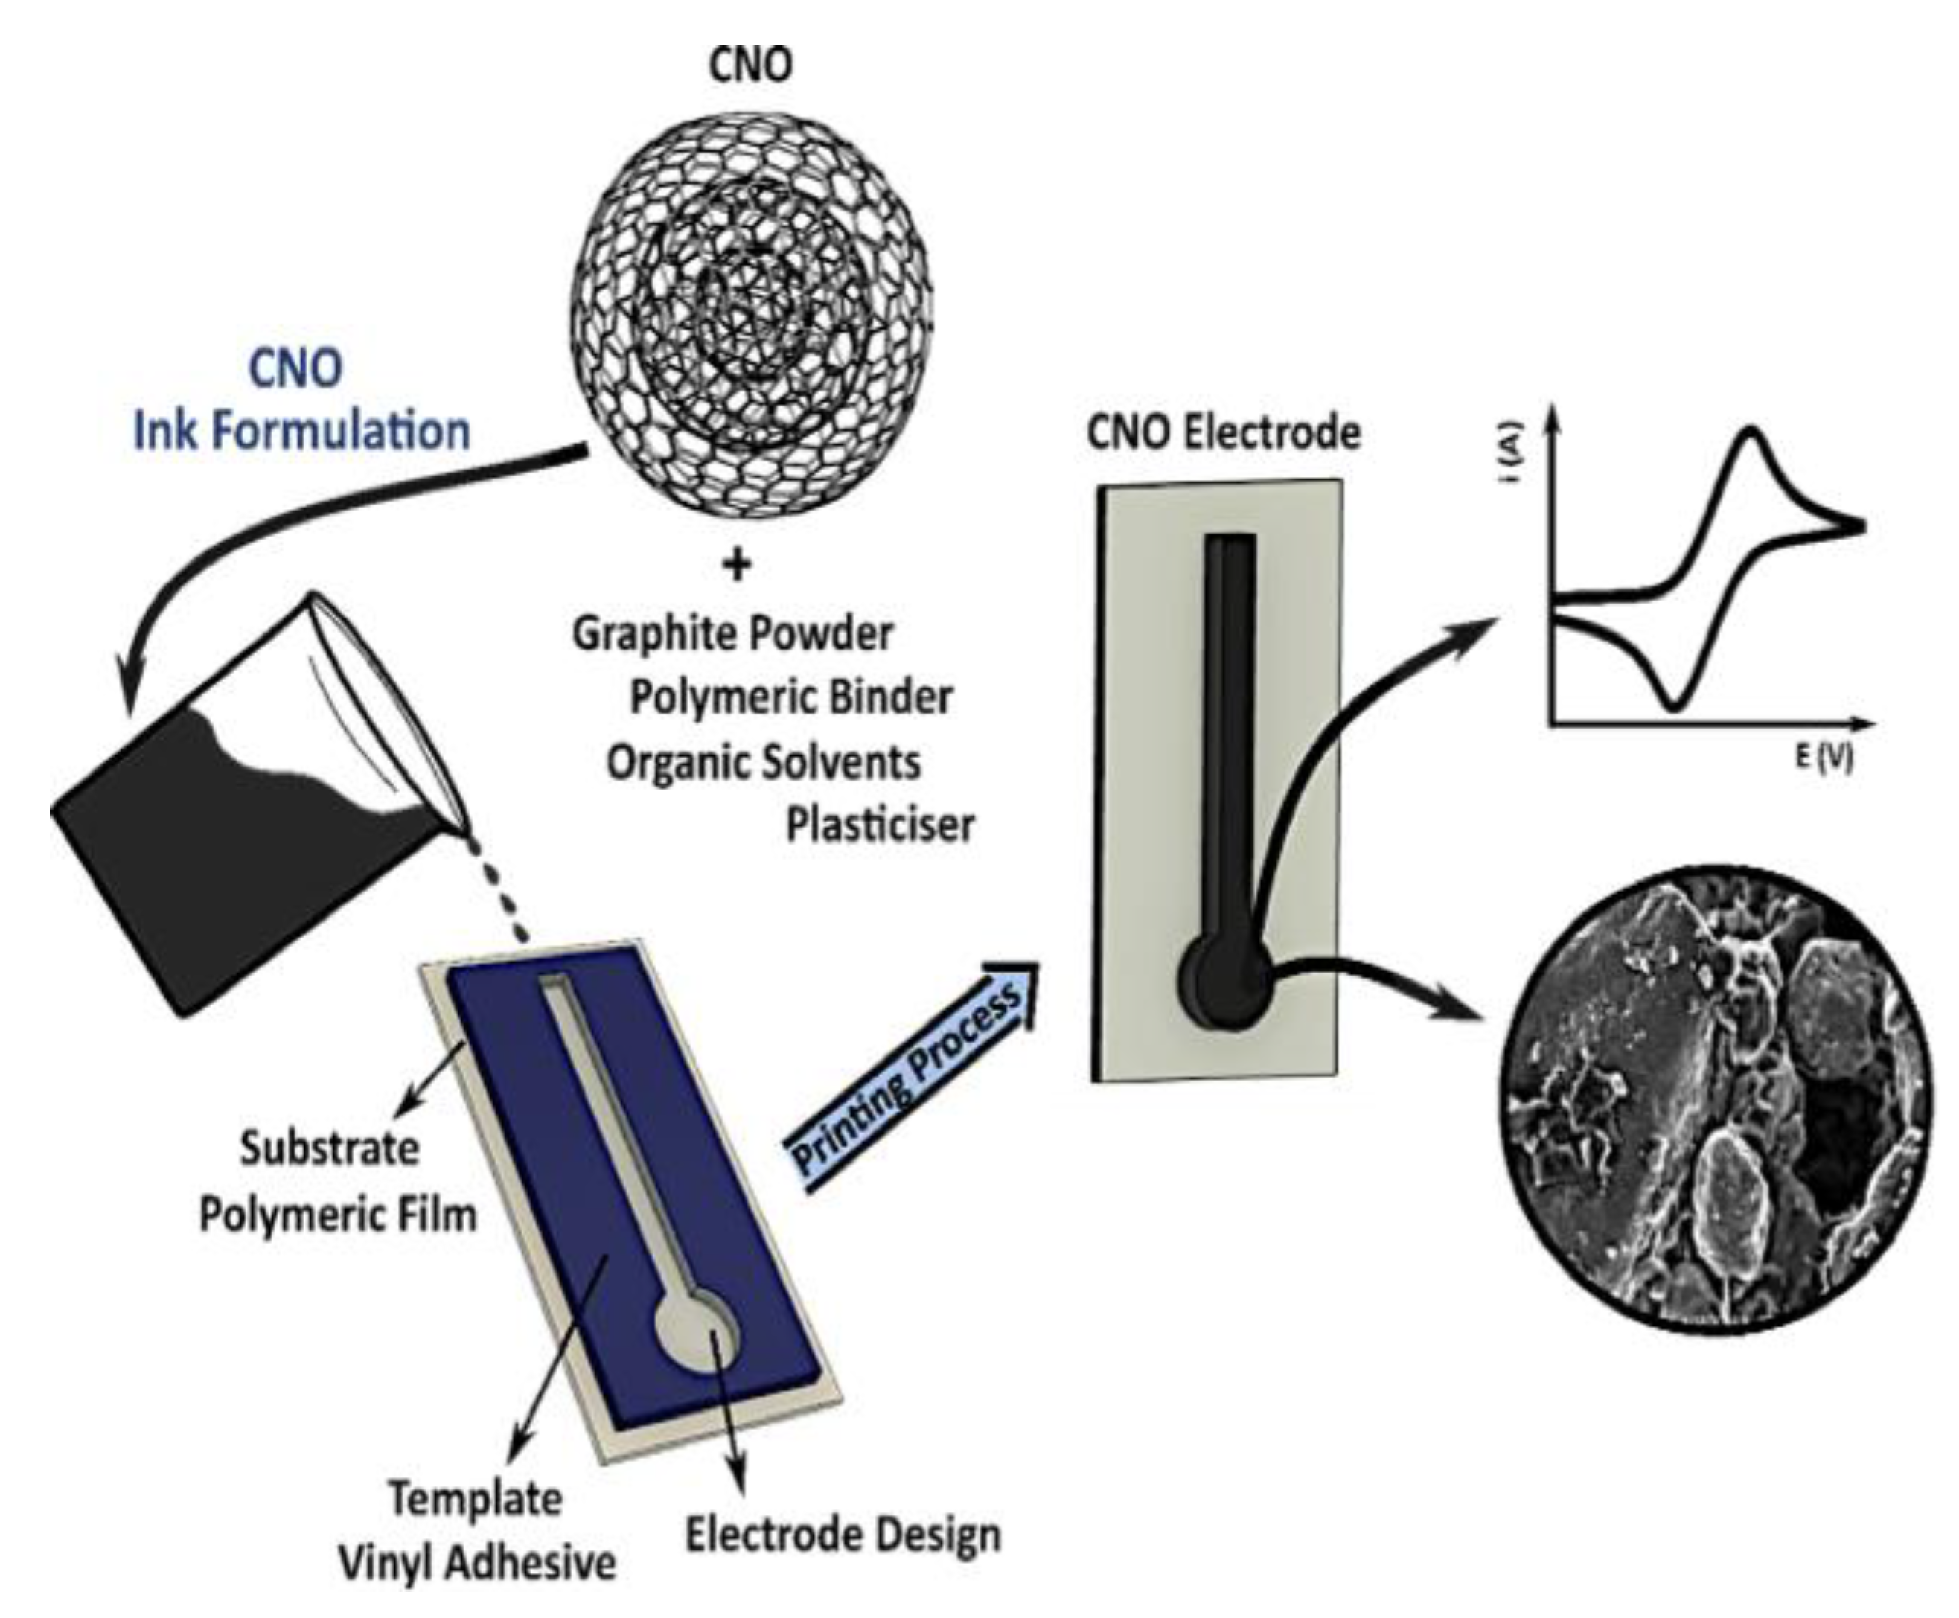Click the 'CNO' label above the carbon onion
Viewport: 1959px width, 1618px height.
750,65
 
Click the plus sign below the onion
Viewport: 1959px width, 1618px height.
737,565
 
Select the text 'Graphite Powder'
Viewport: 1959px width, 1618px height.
732,635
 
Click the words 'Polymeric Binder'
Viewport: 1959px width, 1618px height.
791,698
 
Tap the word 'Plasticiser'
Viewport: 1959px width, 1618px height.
880,825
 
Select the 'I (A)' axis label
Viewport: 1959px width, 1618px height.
1512,454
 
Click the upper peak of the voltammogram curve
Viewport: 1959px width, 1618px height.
1753,433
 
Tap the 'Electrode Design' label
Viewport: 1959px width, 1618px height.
843,1534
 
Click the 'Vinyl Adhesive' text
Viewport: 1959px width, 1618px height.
476,1563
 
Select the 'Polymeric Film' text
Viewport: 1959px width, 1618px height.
337,1215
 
